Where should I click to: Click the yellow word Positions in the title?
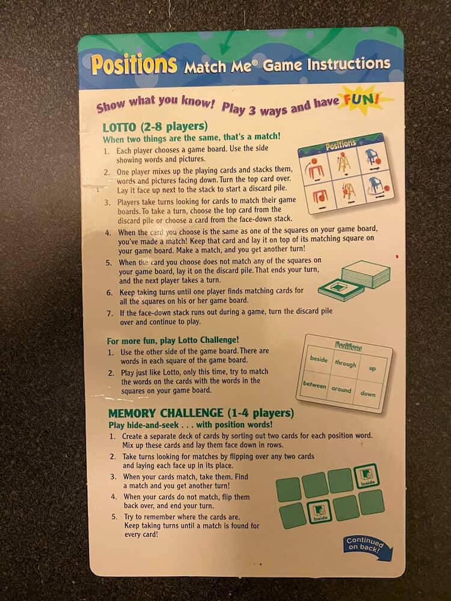(x=134, y=64)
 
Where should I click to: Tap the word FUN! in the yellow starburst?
(x=361, y=100)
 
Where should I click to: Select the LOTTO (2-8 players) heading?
(x=155, y=126)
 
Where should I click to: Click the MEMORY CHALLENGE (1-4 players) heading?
(x=201, y=413)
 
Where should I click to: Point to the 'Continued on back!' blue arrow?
(x=367, y=546)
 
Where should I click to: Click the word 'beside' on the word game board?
(x=319, y=359)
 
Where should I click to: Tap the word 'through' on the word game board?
(x=346, y=363)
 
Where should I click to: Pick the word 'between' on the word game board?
(x=314, y=385)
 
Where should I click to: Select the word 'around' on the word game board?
(x=342, y=389)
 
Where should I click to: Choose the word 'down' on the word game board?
(x=368, y=393)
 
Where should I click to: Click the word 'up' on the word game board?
(x=372, y=369)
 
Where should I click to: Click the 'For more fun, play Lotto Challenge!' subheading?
(x=173, y=340)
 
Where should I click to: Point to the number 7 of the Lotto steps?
(x=110, y=313)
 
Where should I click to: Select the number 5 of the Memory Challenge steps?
(x=114, y=517)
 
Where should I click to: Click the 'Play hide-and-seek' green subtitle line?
(x=191, y=425)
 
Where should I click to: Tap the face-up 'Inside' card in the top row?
(x=366, y=475)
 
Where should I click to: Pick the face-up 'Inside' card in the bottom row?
(x=319, y=511)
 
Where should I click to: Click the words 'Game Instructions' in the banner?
(x=327, y=64)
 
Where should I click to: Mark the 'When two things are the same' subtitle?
(x=191, y=137)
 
